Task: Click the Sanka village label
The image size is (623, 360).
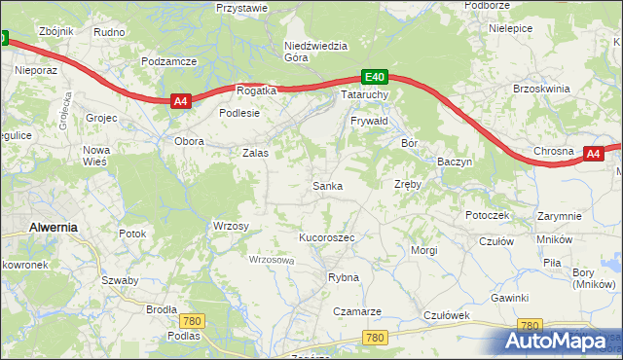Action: [x=326, y=186]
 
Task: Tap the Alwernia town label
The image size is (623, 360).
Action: [x=54, y=226]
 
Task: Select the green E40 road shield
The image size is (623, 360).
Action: [x=376, y=76]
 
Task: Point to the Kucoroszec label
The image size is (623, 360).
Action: [x=326, y=237]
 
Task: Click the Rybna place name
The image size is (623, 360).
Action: [x=343, y=277]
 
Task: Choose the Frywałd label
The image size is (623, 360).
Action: [x=369, y=121]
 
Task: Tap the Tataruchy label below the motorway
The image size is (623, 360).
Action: [x=365, y=95]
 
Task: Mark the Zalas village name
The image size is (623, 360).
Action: [x=255, y=153]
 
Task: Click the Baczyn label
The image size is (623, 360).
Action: [x=455, y=161]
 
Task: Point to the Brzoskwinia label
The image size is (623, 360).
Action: [x=540, y=89]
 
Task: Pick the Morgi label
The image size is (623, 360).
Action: [x=423, y=250]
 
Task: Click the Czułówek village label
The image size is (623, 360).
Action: [x=447, y=315]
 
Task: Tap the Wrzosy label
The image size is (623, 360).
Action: [x=231, y=226]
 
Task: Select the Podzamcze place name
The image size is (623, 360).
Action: [x=168, y=60]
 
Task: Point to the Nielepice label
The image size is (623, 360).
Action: [x=510, y=28]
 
